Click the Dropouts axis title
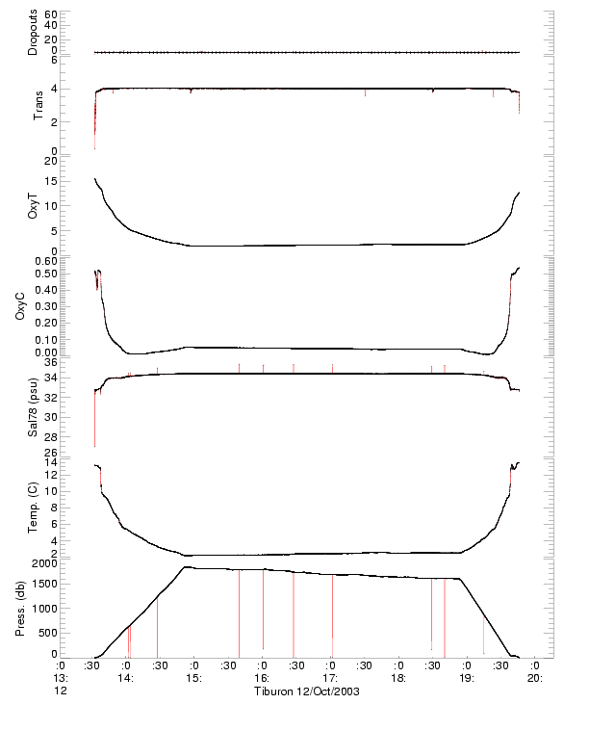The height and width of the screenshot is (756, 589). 33,33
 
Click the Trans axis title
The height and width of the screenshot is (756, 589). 38,105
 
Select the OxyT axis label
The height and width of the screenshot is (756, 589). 33,203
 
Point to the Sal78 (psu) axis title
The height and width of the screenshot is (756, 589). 33,406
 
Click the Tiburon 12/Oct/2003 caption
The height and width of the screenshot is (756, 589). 306,692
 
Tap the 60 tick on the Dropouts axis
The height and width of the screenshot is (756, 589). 50,15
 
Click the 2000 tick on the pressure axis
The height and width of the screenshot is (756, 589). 43,562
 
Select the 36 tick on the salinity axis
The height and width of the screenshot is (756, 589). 50,362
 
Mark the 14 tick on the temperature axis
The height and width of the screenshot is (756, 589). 50,463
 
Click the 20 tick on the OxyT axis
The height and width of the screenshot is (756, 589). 50,160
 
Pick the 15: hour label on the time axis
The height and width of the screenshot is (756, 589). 193,678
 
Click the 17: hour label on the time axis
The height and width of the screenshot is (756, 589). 329,678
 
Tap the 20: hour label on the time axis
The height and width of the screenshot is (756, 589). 535,678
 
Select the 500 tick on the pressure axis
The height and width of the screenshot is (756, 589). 46,631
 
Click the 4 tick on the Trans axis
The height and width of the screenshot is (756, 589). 53,89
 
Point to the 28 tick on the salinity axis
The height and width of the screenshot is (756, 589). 50,434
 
